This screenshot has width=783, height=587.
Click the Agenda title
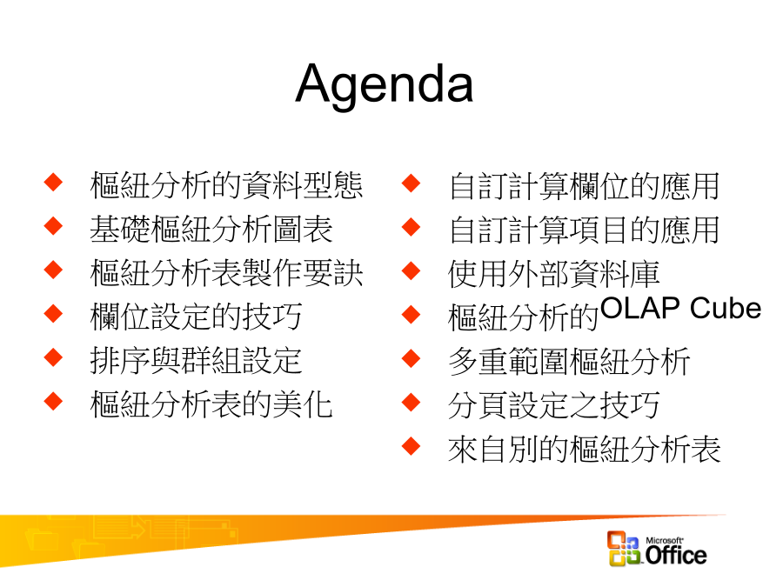pos(384,85)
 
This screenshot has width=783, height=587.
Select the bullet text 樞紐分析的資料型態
pos(226,185)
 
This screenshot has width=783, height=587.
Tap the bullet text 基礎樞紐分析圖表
pos(211,229)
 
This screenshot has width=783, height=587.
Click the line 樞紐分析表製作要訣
pos(226,272)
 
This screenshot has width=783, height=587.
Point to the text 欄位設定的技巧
pos(196,317)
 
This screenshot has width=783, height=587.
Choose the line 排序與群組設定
pos(196,360)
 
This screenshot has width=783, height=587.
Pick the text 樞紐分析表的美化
pos(211,404)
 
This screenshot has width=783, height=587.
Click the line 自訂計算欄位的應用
pos(584,186)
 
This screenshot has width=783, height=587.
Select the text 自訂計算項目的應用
pos(584,230)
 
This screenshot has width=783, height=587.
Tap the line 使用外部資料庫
pos(554,274)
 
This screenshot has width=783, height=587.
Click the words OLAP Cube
pos(680,308)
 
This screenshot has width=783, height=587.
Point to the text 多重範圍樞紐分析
pos(569,362)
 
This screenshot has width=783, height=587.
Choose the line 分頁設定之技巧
pos(554,404)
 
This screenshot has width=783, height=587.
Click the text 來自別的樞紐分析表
pos(585,449)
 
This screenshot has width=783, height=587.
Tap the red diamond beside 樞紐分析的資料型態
pos(53,182)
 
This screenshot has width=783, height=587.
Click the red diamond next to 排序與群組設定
pos(53,357)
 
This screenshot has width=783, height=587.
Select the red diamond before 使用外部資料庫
pos(411,270)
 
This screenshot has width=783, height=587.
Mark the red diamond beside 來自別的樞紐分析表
pos(411,446)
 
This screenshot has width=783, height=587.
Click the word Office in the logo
pos(676,555)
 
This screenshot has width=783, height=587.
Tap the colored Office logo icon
pos(624,548)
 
